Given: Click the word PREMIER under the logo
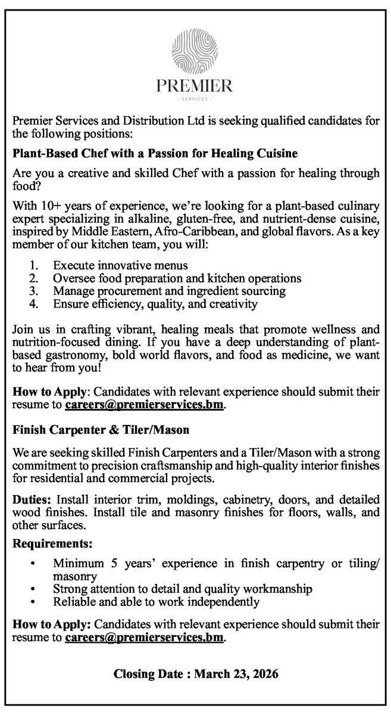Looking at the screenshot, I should [x=195, y=86].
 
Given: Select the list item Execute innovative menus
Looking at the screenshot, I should [x=120, y=265].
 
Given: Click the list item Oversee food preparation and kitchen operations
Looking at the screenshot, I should [x=177, y=278].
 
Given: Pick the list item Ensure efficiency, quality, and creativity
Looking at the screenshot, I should [x=155, y=304].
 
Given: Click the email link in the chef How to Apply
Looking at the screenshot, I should [x=145, y=405].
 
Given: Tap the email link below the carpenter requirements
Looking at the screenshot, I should [x=145, y=638].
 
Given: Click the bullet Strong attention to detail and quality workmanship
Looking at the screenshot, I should [x=183, y=589].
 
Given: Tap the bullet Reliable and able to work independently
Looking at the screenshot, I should [x=156, y=602].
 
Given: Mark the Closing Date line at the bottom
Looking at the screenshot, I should [x=196, y=674].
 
